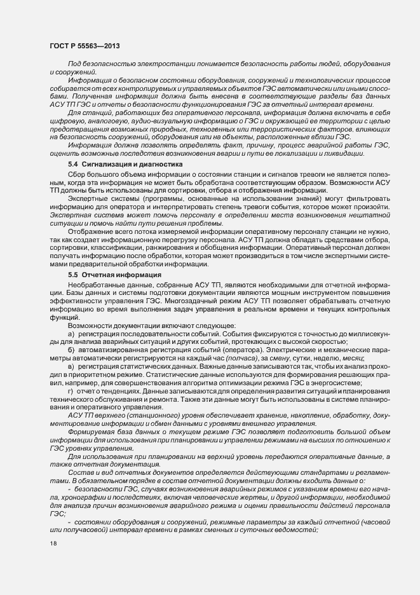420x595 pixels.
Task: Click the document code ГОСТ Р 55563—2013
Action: click(x=83, y=46)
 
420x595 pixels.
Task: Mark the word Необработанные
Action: click(x=97, y=284)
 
